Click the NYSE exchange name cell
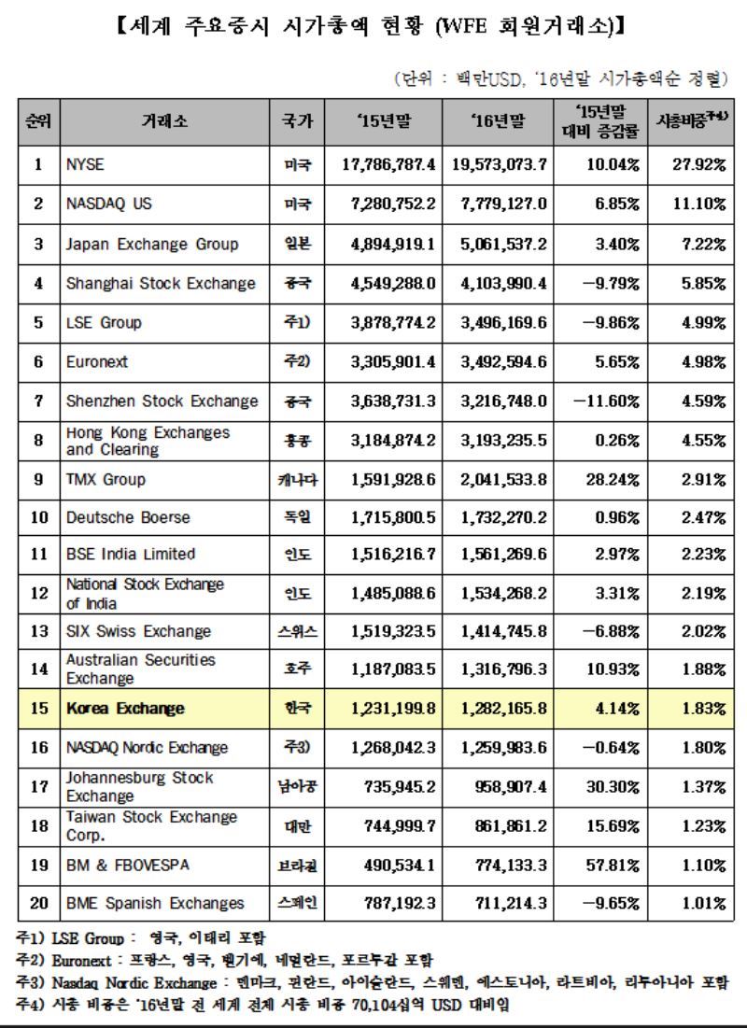pyautogui.click(x=85, y=164)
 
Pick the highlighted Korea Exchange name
pyautogui.click(x=125, y=709)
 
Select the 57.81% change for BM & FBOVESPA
pyautogui.click(x=613, y=866)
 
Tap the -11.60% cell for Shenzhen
pyautogui.click(x=609, y=401)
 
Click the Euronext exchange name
pyautogui.click(x=97, y=361)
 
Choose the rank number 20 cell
pyautogui.click(x=38, y=903)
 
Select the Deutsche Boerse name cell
pyautogui.click(x=128, y=517)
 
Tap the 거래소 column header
pyautogui.click(x=163, y=120)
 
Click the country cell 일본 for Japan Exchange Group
pyautogui.click(x=298, y=244)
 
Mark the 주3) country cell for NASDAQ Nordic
pyautogui.click(x=298, y=747)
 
